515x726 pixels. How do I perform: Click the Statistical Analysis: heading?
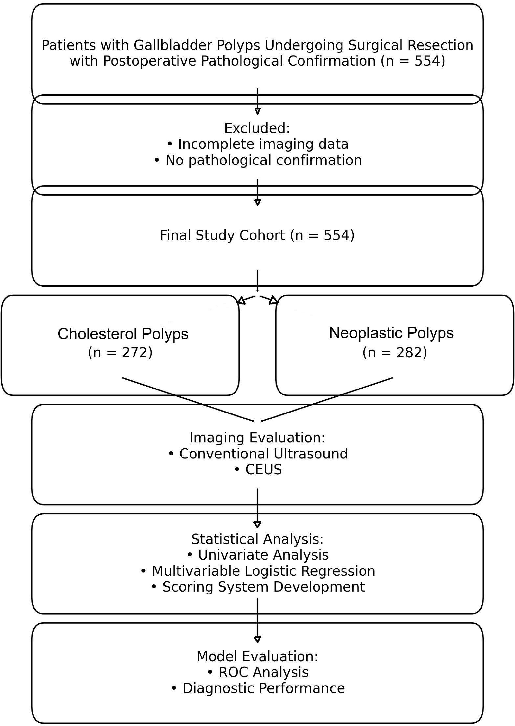tap(257, 539)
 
